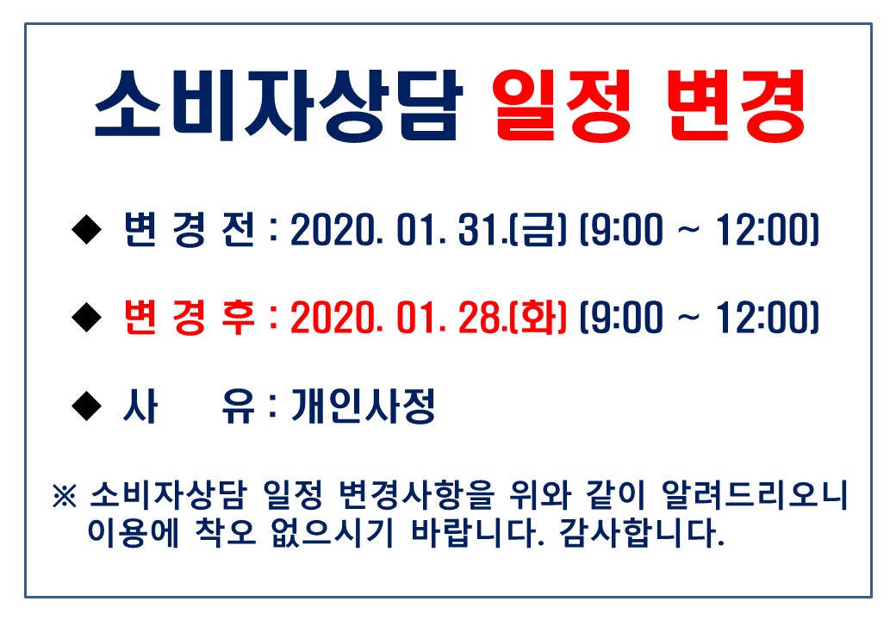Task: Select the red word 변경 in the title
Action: tap(736, 106)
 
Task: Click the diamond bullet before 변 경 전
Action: tap(87, 230)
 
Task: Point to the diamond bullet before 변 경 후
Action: tap(87, 318)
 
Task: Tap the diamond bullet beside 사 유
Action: tap(87, 406)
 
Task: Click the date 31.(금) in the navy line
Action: tap(512, 230)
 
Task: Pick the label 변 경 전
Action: tap(190, 230)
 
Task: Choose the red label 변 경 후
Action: tap(190, 318)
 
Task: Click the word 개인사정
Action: tap(364, 406)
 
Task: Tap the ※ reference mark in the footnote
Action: tap(64, 495)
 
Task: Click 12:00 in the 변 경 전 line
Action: tap(762, 230)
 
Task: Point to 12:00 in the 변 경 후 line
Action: tap(762, 318)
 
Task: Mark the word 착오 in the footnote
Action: tap(225, 532)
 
